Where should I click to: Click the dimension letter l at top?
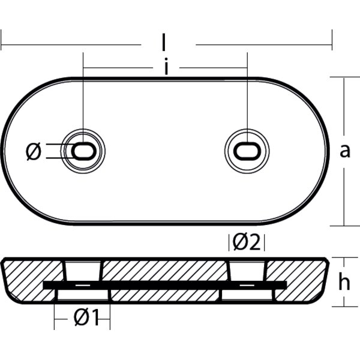(x=164, y=43)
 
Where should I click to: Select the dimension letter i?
(x=166, y=68)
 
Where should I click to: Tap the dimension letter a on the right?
(x=344, y=151)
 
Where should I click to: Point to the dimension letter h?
(x=344, y=282)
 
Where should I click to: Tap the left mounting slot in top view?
(x=83, y=151)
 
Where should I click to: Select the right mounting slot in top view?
(x=246, y=151)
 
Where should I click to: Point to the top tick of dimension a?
(x=343, y=77)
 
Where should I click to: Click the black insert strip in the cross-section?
(x=165, y=283)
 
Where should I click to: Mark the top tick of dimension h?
(x=343, y=257)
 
